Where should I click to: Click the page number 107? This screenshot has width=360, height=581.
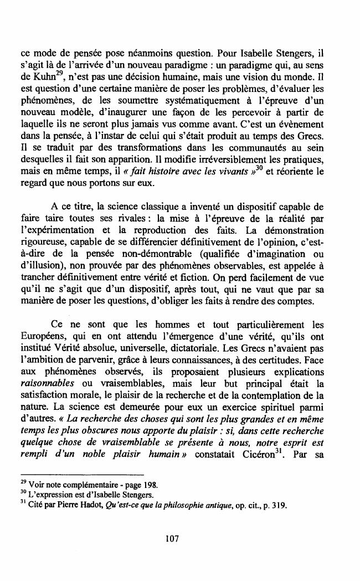[179, 537]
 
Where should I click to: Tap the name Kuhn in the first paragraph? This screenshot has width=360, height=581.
[35, 77]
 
